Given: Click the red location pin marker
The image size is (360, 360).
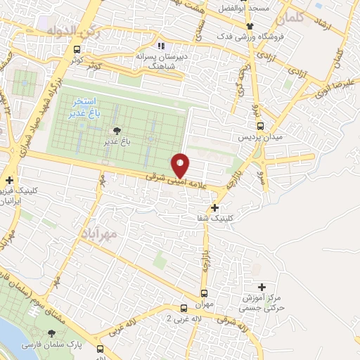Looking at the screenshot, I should (181, 165).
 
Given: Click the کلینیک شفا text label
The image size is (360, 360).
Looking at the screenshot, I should (214, 218).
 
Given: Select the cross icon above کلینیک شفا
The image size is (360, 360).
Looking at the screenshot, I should (214, 207).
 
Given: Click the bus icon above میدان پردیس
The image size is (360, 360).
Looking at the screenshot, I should (261, 126).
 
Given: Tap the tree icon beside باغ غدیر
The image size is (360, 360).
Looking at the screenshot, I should (117, 130).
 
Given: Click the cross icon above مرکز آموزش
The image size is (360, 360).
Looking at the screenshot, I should (262, 287).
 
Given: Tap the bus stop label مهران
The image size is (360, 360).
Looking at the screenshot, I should (204, 304).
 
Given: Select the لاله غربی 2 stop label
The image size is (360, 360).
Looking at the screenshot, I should (178, 318).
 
